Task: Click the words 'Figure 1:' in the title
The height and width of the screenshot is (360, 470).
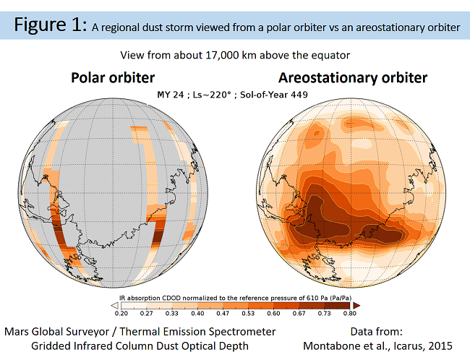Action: (51, 25)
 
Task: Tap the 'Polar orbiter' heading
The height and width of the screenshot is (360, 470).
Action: (113, 78)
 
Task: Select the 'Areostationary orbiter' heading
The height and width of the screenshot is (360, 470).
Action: (353, 78)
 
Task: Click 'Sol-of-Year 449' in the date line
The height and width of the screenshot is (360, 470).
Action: (273, 95)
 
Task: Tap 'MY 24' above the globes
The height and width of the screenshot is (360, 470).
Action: (170, 95)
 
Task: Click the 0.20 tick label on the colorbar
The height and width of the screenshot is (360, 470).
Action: (121, 314)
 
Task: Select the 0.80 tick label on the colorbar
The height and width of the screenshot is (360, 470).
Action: (350, 314)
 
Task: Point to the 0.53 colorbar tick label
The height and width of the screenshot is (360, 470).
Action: (248, 314)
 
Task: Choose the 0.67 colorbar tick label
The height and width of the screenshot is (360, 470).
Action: (299, 314)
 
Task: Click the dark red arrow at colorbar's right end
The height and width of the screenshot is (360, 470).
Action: (356, 306)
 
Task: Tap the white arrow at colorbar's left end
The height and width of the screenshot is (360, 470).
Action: (115, 306)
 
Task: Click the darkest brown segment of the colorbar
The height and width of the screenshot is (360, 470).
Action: (337, 306)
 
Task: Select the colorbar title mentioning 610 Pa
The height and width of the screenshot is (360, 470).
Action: (235, 298)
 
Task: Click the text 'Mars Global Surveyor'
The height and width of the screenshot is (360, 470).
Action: (57, 332)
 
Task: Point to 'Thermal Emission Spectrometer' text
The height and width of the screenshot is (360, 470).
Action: (197, 332)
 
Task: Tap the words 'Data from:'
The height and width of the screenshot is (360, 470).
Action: (377, 332)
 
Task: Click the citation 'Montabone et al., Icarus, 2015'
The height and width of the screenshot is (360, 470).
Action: (377, 346)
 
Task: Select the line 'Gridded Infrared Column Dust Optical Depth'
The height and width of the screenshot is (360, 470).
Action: (140, 346)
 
